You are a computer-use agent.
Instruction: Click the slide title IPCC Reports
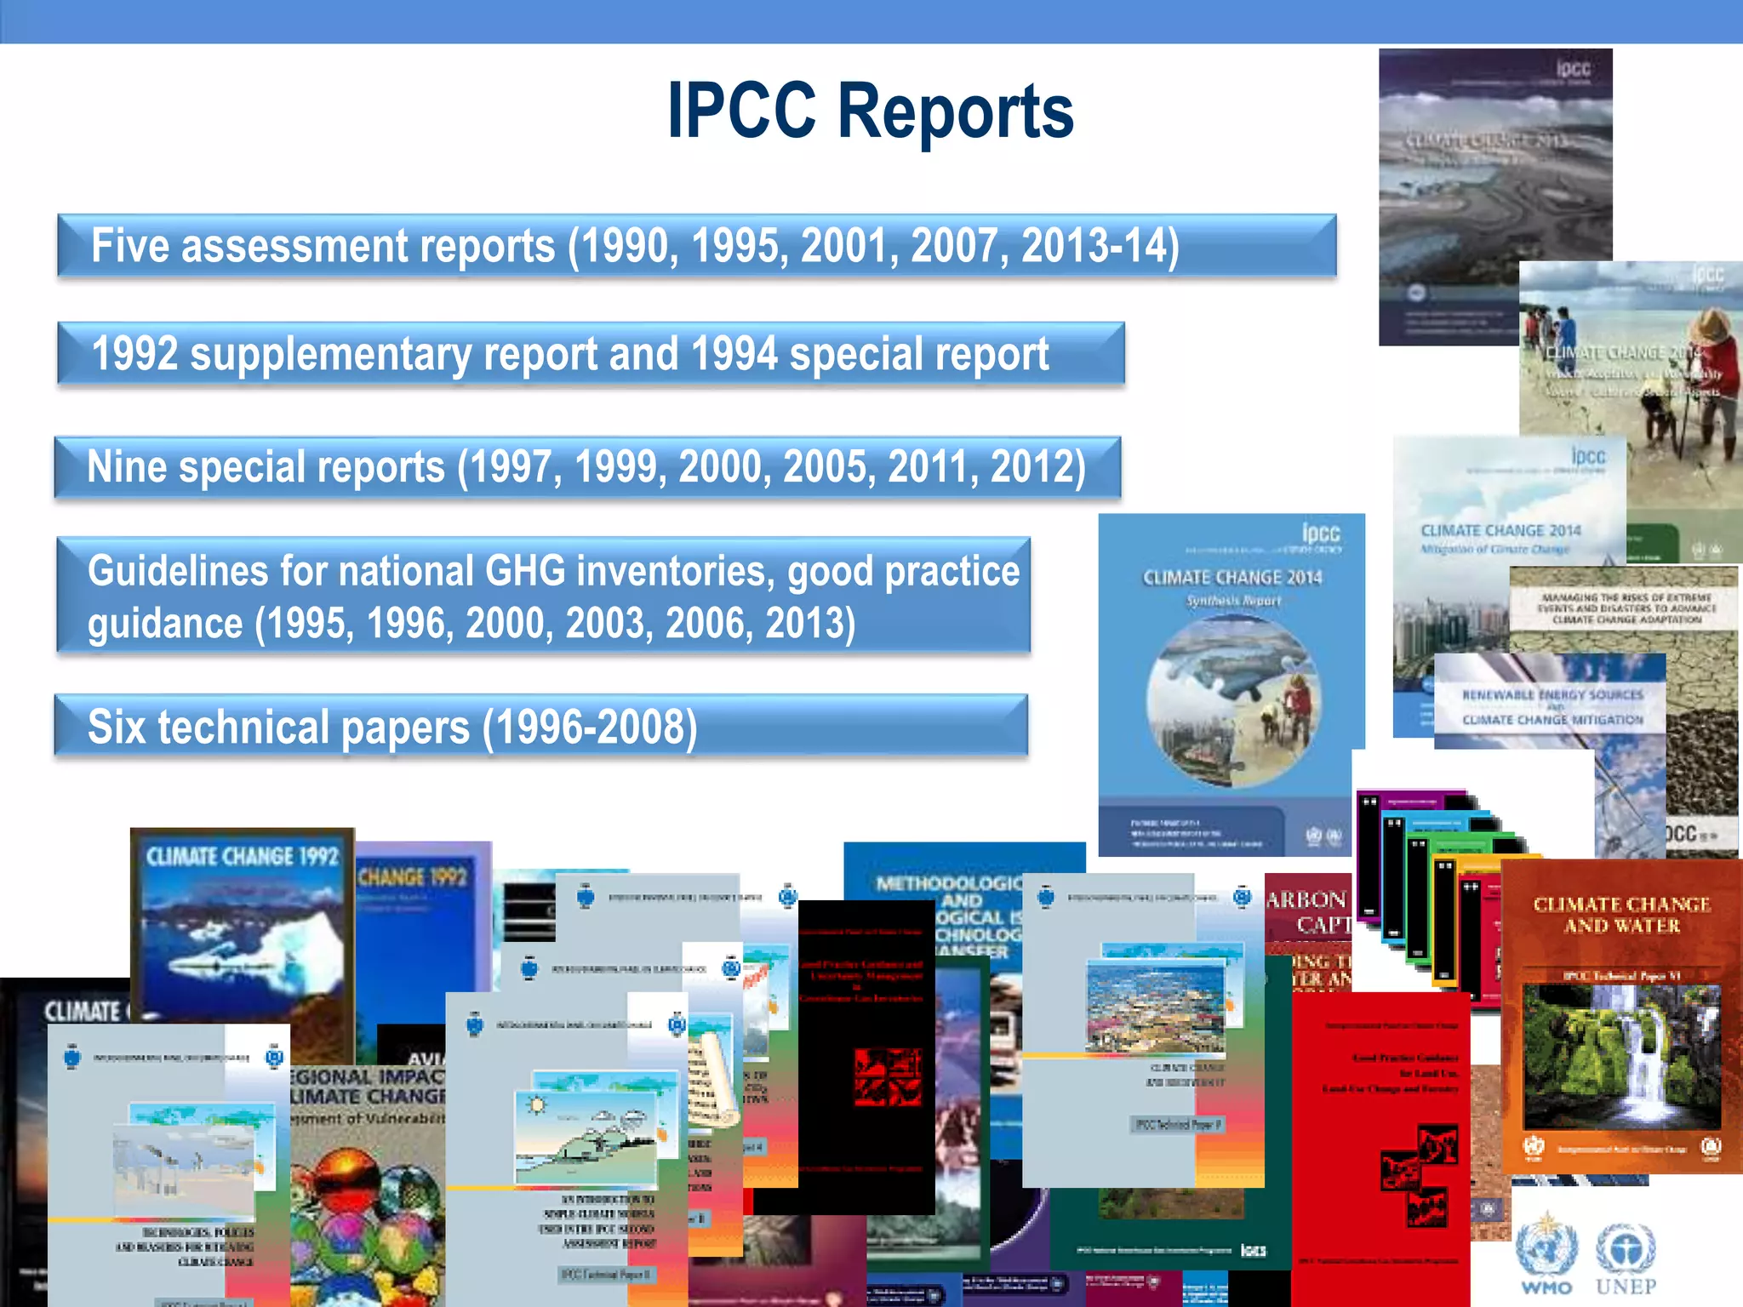coord(870,111)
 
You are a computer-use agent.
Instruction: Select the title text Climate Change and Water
coord(1621,915)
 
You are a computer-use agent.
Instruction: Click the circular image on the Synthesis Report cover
coord(1233,700)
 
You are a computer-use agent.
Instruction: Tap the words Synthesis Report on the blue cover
coord(1233,601)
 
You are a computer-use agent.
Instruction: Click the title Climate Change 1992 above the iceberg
coord(243,856)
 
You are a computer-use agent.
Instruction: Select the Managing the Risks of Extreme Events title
coord(1626,608)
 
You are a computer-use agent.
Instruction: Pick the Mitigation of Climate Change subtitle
coord(1494,550)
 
